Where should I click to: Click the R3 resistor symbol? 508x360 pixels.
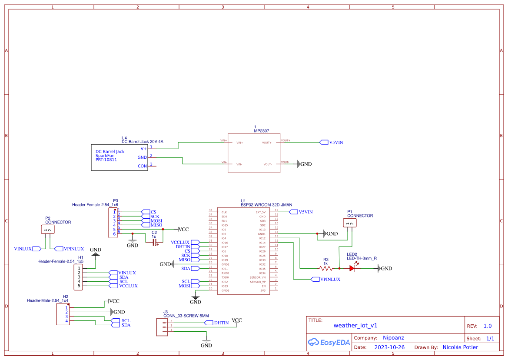point(325,269)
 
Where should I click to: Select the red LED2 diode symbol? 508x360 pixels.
point(352,269)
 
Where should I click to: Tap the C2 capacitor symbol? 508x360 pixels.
point(154,242)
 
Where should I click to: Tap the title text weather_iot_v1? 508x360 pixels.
point(355,325)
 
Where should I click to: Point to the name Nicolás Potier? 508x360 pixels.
point(460,347)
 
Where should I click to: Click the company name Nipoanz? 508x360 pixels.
point(393,338)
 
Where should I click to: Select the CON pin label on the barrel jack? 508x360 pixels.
point(142,166)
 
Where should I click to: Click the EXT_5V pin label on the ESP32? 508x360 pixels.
point(260,212)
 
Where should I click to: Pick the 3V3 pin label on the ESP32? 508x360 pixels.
point(262,290)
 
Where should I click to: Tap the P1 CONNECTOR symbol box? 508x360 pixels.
point(350,223)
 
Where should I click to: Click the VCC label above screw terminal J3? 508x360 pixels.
point(237,320)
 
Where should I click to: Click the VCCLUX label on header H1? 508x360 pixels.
point(128,286)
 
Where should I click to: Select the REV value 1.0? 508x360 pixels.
point(487,326)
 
